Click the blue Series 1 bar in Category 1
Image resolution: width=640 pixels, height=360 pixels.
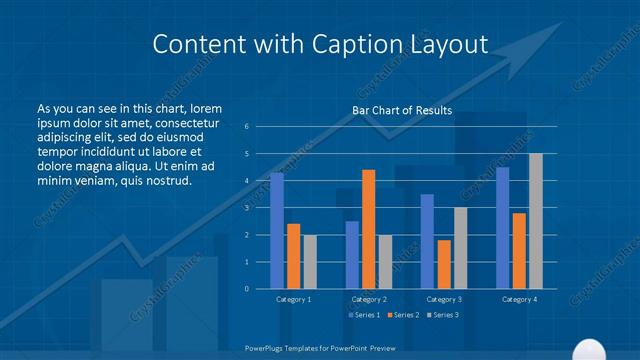point(277,231)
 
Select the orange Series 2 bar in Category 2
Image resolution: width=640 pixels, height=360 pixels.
point(368,229)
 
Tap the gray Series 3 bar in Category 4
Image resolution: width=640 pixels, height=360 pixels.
point(536,221)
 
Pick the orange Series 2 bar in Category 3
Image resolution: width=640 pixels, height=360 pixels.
point(444,264)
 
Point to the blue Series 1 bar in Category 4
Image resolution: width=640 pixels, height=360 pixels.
point(503,228)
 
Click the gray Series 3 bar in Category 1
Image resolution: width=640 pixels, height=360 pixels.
point(310,262)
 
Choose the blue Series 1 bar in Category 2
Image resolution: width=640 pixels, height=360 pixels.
point(352,255)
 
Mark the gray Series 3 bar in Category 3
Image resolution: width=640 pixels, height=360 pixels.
point(460,248)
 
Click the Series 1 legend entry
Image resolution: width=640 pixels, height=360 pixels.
point(363,315)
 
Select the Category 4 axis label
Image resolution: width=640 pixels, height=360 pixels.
point(519,299)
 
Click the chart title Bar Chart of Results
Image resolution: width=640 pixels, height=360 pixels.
point(402,110)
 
